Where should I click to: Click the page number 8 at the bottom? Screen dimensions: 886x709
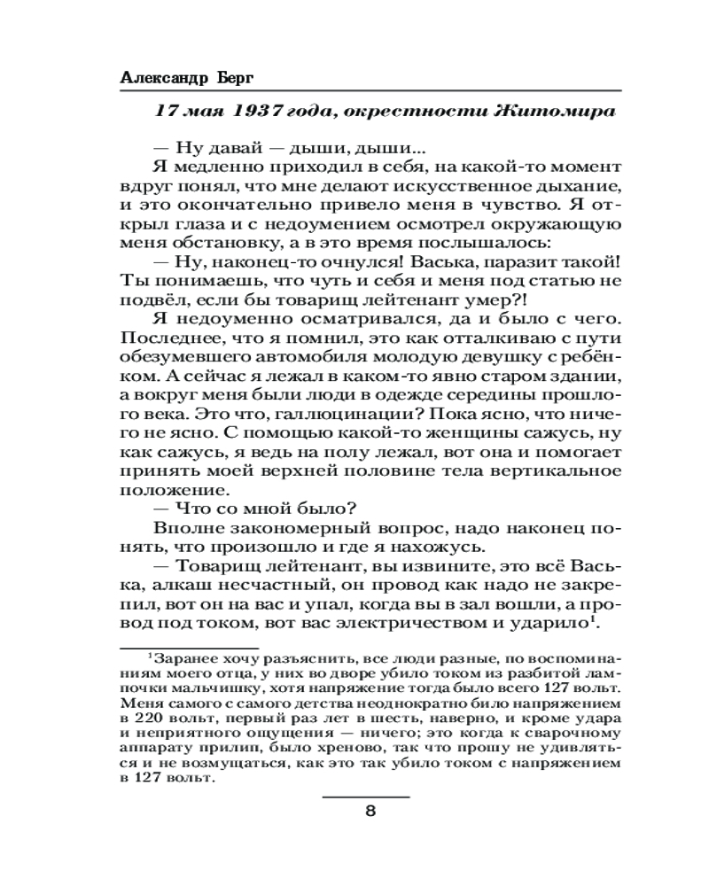[x=370, y=812]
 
